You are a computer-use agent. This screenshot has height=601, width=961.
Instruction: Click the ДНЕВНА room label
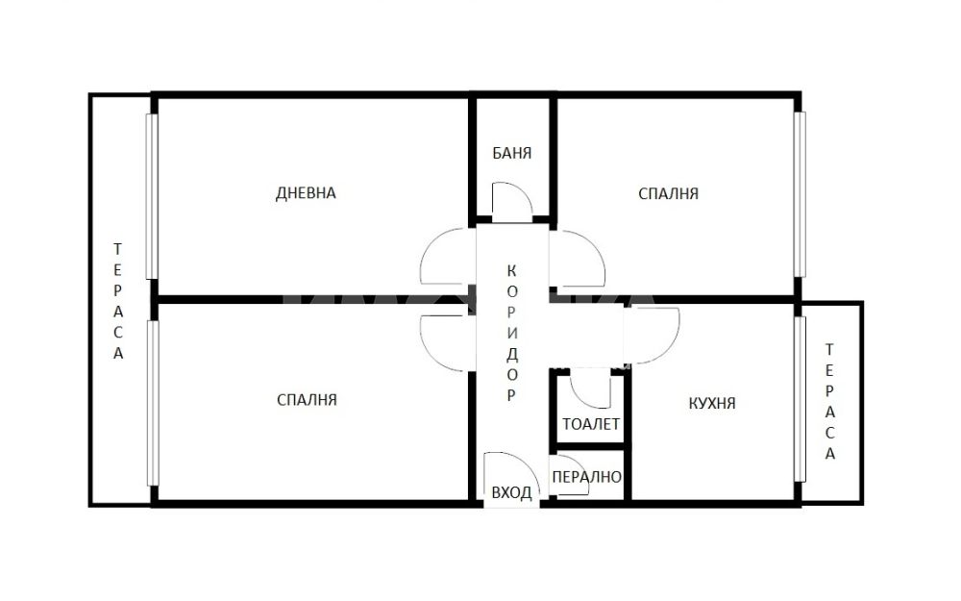click(x=306, y=193)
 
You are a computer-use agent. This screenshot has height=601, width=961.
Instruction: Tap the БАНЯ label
click(x=512, y=153)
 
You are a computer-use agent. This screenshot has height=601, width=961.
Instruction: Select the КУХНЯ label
click(x=711, y=403)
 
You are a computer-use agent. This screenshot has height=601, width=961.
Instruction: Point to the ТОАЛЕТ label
click(x=591, y=424)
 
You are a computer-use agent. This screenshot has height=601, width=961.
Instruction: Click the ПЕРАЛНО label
click(x=586, y=477)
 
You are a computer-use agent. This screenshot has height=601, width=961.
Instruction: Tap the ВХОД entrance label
click(x=511, y=493)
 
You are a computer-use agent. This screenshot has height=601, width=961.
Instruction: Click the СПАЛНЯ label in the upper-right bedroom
click(x=668, y=194)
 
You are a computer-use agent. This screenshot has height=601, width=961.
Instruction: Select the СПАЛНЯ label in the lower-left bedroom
click(x=308, y=400)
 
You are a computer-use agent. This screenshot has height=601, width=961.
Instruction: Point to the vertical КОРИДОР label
click(x=512, y=333)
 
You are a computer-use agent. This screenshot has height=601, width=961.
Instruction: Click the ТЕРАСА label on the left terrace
click(x=117, y=301)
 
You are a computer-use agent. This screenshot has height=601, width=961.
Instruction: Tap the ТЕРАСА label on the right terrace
click(x=829, y=402)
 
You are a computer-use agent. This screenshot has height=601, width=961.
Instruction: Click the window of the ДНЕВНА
click(x=152, y=196)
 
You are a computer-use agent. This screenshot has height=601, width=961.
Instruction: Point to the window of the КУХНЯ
click(x=800, y=399)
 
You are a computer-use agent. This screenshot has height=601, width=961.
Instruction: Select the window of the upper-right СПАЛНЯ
click(x=800, y=194)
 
